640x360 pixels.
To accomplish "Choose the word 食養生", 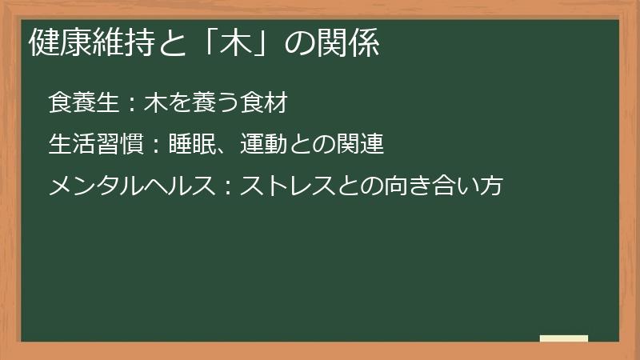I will [84, 104].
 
